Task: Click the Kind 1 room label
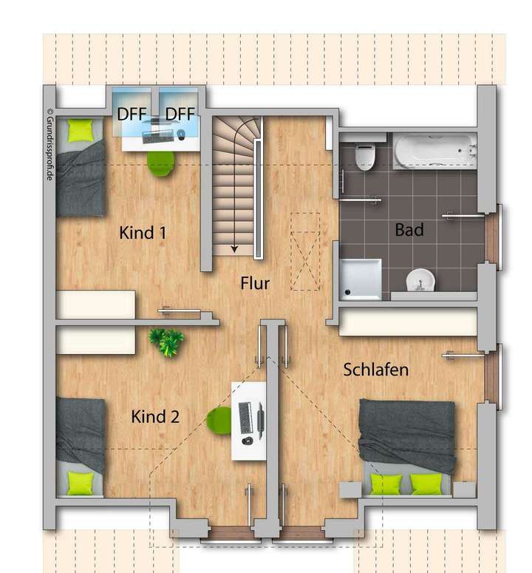pos(143,233)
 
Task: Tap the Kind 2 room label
pos(155,417)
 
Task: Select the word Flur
pos(255,283)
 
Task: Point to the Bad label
pos(409,230)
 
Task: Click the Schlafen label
pos(375,370)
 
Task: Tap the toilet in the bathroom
pos(365,155)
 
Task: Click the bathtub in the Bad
pos(434,152)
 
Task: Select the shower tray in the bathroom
pos(361,279)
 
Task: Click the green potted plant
pos(167,342)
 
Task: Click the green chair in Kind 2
pos(219,421)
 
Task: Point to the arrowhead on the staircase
pos(235,249)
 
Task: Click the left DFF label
pos(132,114)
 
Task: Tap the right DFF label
pos(179,114)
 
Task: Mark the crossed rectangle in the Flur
pos(304,252)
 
